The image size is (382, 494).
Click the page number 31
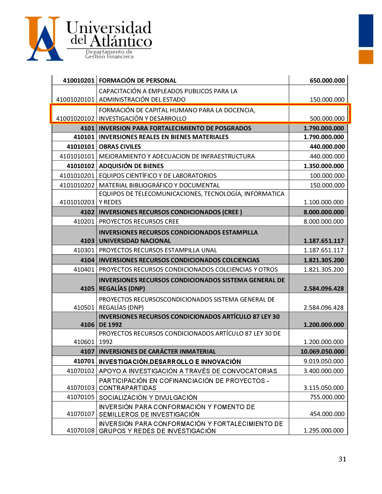click(x=342, y=459)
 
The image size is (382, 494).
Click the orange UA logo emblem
click(x=44, y=38)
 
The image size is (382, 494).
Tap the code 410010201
click(x=78, y=80)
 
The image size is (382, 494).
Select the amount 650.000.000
click(x=327, y=80)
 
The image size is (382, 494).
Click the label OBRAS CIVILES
click(x=120, y=147)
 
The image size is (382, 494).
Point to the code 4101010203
click(x=77, y=202)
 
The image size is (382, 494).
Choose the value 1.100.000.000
click(x=324, y=202)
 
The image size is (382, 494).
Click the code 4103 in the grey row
click(x=87, y=241)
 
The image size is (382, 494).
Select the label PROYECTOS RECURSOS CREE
click(x=139, y=221)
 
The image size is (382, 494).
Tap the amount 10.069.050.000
click(x=322, y=351)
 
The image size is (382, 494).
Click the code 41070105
click(x=81, y=397)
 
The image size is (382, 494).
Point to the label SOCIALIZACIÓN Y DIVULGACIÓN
click(x=148, y=397)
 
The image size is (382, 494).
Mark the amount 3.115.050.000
click(x=324, y=388)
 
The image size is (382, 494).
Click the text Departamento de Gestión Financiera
click(x=109, y=54)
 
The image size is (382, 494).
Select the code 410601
click(x=84, y=342)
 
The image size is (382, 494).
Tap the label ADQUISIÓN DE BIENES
click(x=131, y=166)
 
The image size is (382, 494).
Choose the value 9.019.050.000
click(x=324, y=361)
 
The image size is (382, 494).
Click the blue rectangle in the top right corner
click(x=366, y=31)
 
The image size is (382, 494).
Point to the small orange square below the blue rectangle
click(x=366, y=57)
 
